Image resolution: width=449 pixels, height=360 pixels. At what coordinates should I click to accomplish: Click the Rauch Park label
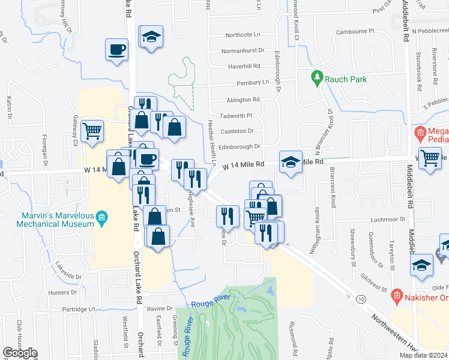point(346,79)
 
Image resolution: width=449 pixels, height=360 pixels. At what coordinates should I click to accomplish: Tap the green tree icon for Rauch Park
point(317,77)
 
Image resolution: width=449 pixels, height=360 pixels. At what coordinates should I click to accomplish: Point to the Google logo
point(20,353)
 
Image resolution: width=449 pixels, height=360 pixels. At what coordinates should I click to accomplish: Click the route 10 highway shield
point(360,298)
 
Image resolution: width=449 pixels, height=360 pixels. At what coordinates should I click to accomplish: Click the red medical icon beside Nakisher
point(396,295)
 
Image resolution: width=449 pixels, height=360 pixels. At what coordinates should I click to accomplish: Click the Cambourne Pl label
point(355,30)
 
